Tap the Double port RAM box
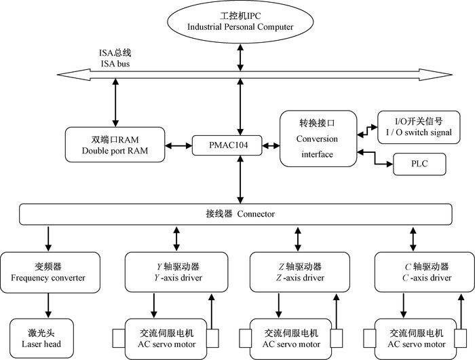[x=115, y=145]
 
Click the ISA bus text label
[x=113, y=58]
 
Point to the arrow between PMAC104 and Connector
[x=240, y=180]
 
